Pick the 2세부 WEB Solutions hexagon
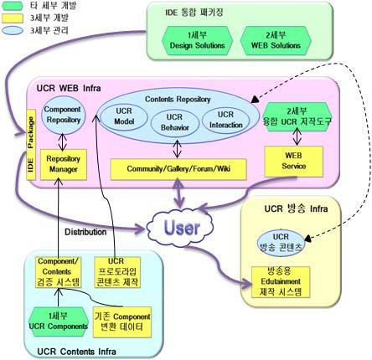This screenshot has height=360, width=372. (272, 38)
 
